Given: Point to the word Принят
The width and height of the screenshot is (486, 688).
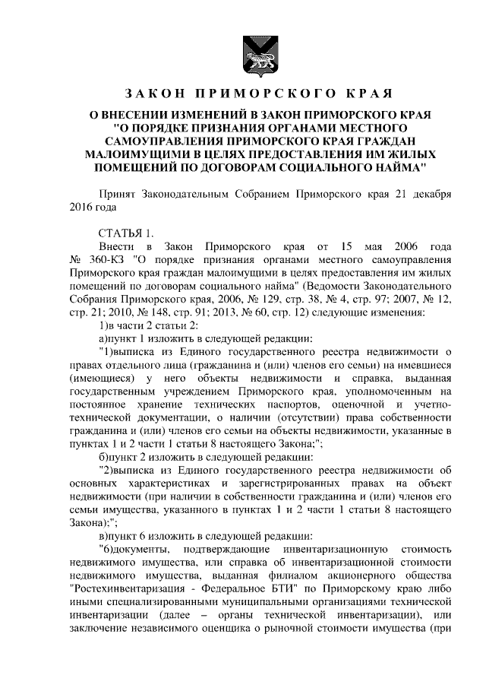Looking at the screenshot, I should click(x=118, y=194).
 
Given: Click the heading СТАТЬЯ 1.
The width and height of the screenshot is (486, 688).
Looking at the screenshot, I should click(x=126, y=233).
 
